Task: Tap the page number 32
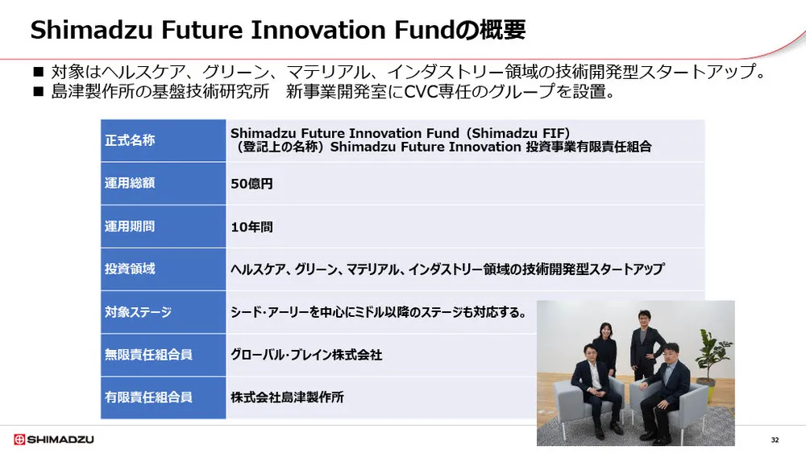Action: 775,439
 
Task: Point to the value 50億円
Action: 251,184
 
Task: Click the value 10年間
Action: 251,227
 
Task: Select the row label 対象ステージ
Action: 138,312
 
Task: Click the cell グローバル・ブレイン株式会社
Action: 306,355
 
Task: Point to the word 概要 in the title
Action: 505,31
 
